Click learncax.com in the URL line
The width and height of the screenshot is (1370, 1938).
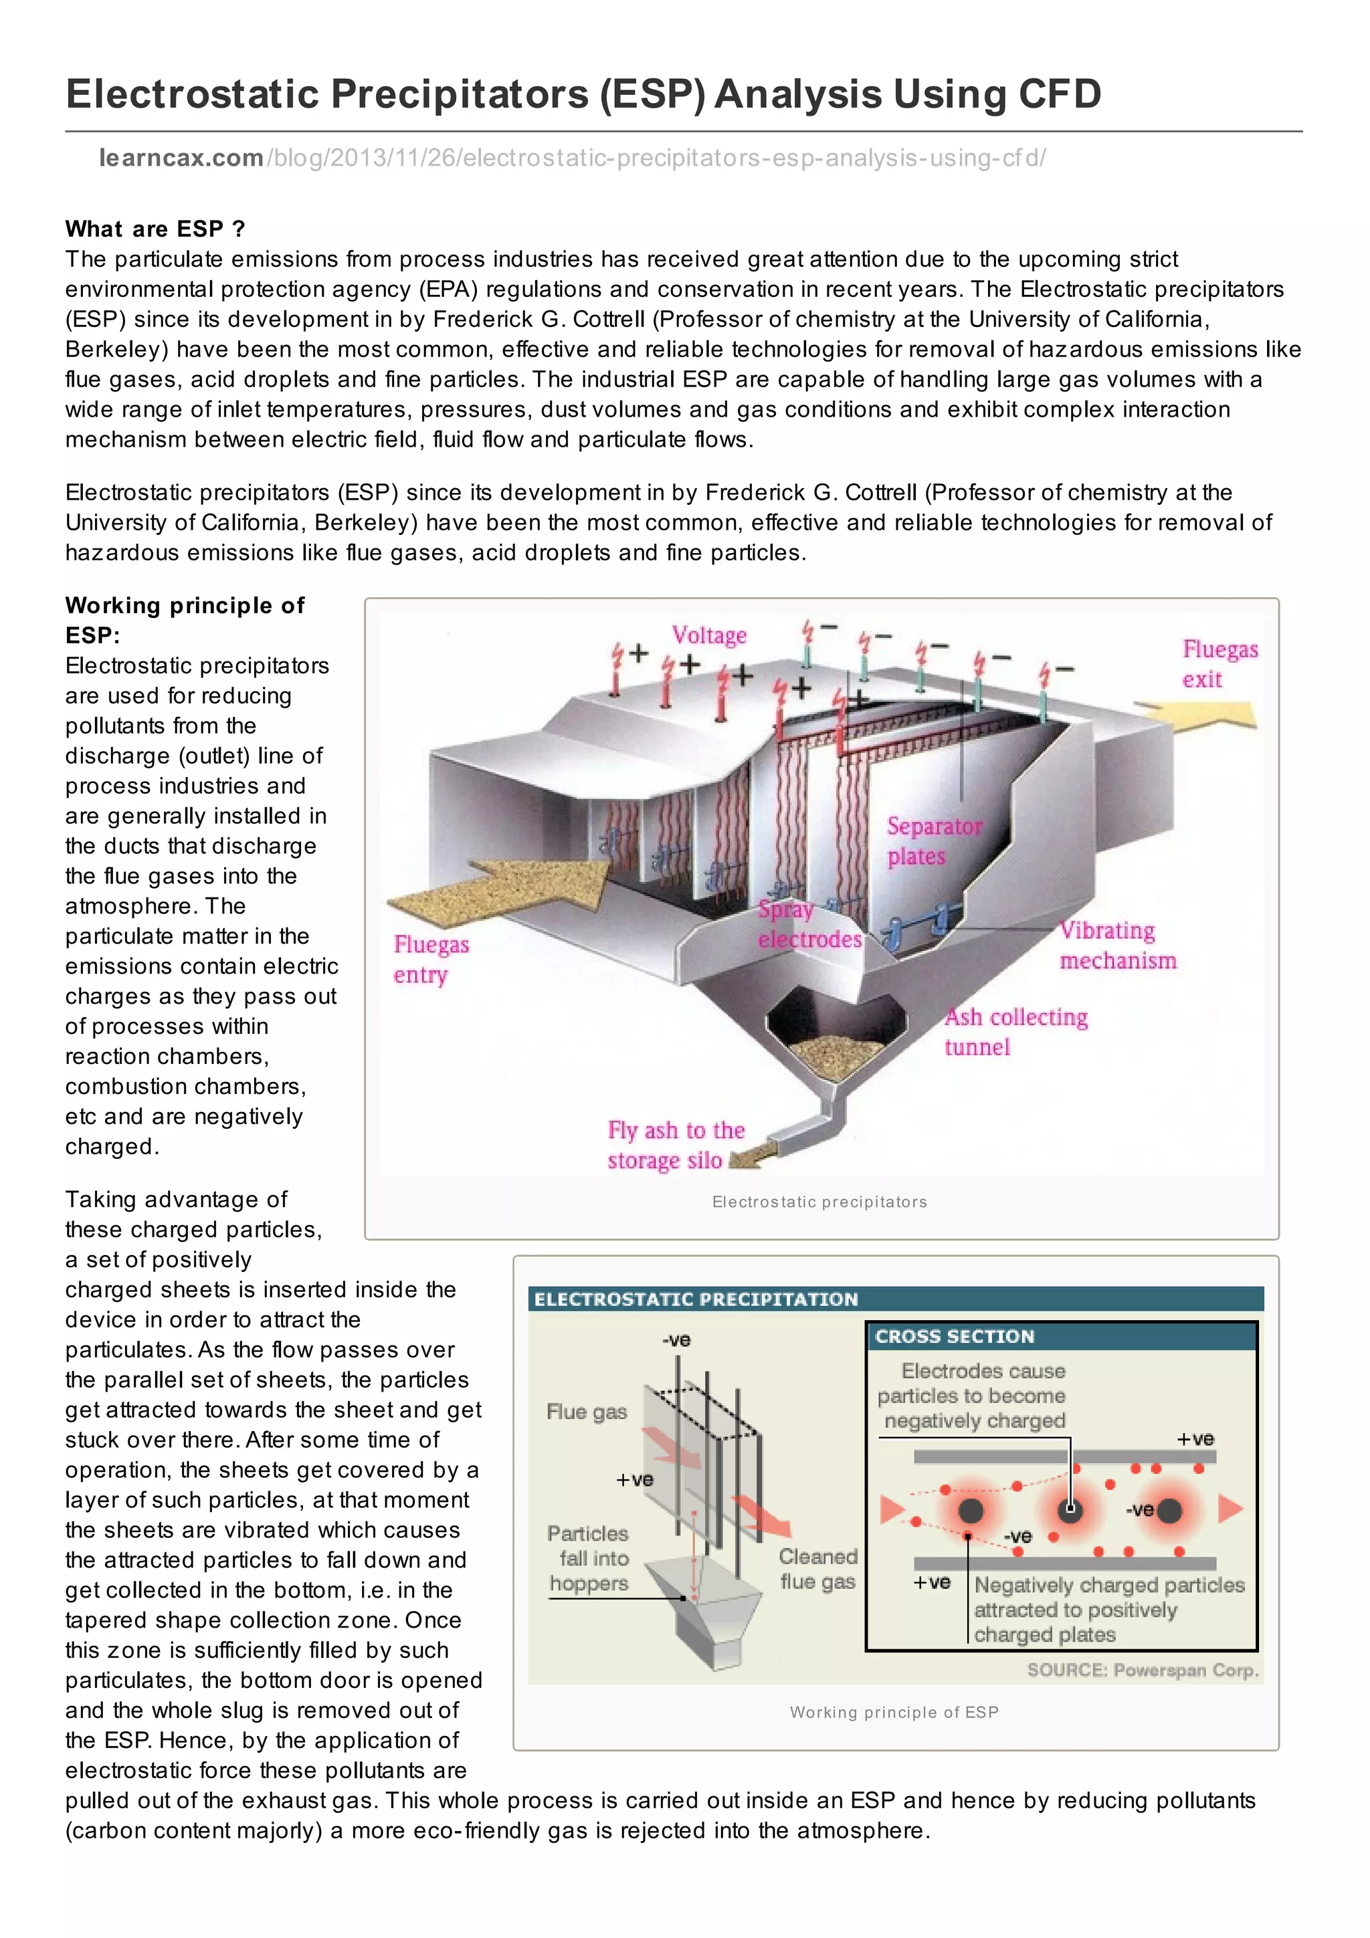[x=181, y=158]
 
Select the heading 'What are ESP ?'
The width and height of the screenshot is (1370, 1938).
[x=155, y=229]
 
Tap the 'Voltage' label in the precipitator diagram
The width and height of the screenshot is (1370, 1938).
[x=708, y=635]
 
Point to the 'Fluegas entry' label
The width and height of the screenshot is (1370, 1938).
[x=431, y=959]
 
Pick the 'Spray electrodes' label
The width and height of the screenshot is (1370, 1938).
[x=809, y=924]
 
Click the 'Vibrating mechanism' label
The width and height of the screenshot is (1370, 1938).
[x=1116, y=946]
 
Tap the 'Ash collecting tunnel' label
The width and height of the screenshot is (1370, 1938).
[x=1015, y=1031]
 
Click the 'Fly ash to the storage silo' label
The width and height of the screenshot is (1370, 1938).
[x=675, y=1145]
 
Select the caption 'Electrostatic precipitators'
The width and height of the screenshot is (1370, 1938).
[x=819, y=1201]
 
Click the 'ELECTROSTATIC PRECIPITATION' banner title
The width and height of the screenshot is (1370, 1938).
[x=696, y=1299]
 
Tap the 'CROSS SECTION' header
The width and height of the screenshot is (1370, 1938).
[x=954, y=1336]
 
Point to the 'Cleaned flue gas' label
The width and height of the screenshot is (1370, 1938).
[x=817, y=1568]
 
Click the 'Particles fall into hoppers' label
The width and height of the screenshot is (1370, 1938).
[x=589, y=1558]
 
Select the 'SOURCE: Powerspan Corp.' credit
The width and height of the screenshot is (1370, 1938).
[x=1141, y=1670]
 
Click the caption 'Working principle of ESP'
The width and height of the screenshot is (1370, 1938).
[x=893, y=1712]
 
